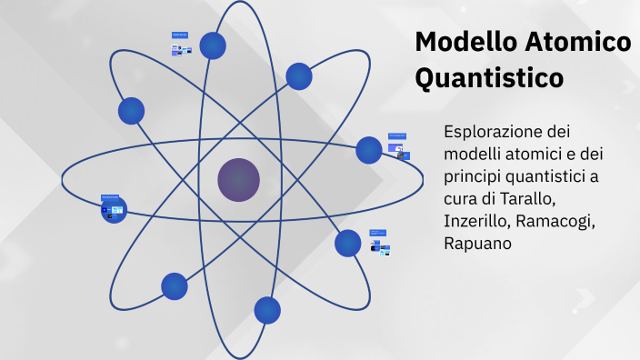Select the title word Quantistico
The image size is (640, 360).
[489, 78]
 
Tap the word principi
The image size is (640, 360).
[474, 175]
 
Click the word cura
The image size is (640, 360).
[463, 198]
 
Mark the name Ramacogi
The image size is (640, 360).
[558, 221]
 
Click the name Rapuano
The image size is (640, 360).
[478, 244]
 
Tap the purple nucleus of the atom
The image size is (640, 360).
[238, 179]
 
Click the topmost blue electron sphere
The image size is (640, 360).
[213, 45]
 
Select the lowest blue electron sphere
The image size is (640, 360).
[267, 311]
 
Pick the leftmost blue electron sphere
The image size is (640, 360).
[114, 211]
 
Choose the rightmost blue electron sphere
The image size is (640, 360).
[368, 150]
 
